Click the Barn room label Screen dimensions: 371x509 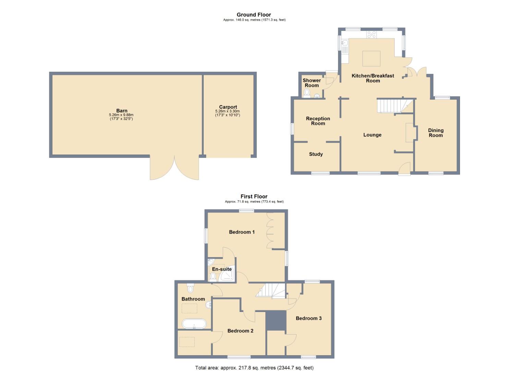pos(122,111)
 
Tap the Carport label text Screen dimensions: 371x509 pos(228,107)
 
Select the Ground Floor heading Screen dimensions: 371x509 pos(254,14)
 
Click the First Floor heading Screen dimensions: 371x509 pos(254,196)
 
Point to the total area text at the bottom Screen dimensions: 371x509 pos(254,368)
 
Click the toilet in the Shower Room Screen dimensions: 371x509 pos(307,93)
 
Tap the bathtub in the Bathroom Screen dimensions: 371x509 pos(194,324)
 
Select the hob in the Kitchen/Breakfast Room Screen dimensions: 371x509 pos(372,34)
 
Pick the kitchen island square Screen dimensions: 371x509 pos(372,58)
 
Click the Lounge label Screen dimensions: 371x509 pos(372,135)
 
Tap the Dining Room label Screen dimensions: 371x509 pos(436,133)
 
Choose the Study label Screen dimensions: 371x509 pos(316,154)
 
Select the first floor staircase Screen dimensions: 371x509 pos(271,290)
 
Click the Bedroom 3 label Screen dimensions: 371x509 pos(308,318)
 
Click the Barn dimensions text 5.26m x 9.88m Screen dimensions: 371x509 pos(121,115)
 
